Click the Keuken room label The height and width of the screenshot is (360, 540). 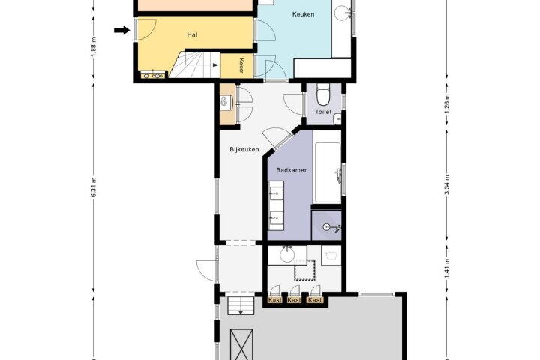[303, 14]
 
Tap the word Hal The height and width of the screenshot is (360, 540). [192, 34]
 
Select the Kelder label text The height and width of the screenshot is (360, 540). [241, 65]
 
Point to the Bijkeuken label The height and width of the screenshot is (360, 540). [244, 150]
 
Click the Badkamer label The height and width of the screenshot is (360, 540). [291, 170]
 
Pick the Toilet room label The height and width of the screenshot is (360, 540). [323, 112]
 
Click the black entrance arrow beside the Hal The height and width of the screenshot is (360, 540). [122, 31]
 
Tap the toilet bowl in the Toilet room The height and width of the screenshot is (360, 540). [323, 95]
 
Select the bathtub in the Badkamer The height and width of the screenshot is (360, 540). [328, 172]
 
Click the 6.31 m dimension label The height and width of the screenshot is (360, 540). [94, 187]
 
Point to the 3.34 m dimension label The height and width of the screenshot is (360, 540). [447, 184]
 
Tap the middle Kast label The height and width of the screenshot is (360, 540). [294, 300]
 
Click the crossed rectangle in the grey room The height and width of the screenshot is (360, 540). [241, 344]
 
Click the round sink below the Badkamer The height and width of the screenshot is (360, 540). [287, 255]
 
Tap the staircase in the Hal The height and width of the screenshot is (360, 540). [194, 64]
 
